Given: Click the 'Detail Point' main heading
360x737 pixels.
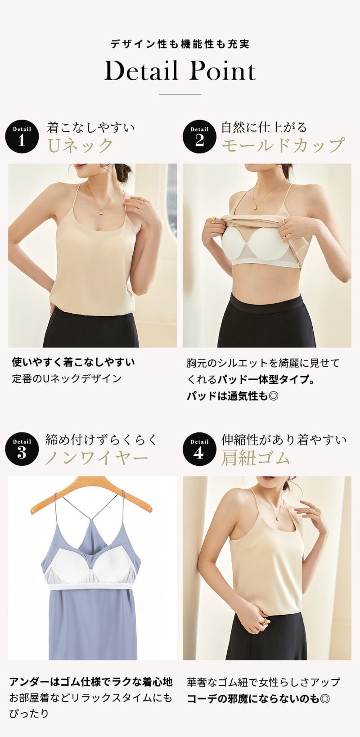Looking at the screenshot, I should coord(180,72).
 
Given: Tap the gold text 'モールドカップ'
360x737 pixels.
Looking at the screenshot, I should coord(283,146).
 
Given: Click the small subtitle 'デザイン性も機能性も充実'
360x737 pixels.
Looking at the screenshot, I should coord(180,44).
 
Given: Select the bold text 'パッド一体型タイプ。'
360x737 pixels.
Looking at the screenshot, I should coord(265,379).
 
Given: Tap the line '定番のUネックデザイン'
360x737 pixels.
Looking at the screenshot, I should coord(67,378).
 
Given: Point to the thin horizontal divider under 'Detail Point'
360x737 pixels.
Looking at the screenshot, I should coord(180,94).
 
